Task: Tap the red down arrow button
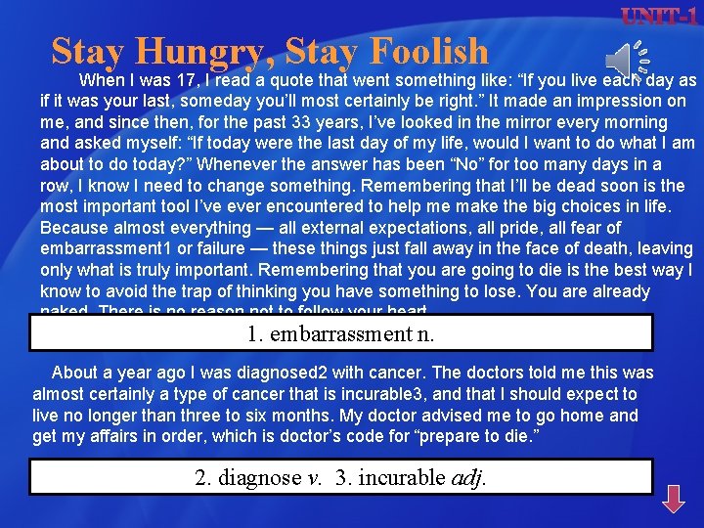[674, 499]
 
